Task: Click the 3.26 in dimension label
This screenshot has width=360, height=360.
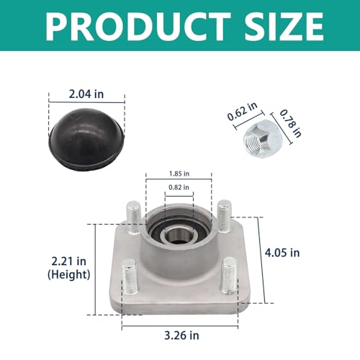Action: coord(179,334)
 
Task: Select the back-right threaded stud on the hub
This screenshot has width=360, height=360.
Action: coord(224,214)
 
